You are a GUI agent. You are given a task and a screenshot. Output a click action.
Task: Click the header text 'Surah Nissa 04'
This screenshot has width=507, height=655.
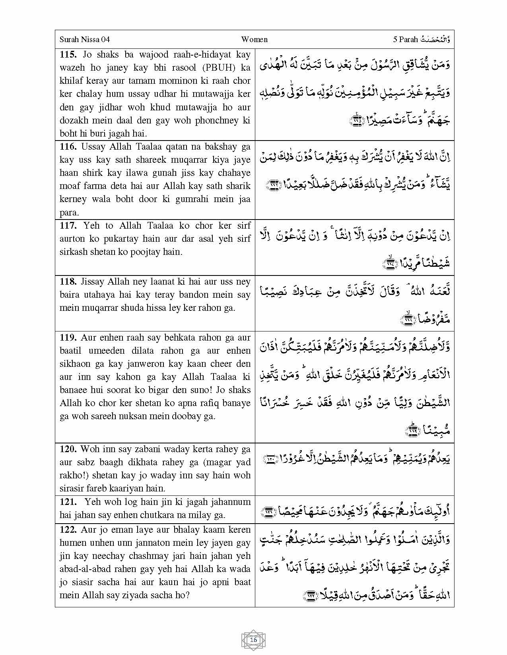(84, 39)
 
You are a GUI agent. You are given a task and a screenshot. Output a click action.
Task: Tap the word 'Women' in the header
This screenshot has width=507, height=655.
(254, 39)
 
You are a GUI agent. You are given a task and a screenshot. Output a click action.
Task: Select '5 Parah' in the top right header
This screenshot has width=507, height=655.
(405, 39)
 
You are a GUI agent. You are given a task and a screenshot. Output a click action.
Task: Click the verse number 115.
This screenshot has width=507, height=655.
(68, 55)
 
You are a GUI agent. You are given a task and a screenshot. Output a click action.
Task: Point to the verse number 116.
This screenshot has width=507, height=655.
(68, 146)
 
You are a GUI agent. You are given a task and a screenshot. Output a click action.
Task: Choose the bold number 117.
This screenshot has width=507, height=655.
(68, 225)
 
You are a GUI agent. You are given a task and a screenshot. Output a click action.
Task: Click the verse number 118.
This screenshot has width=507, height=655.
(68, 281)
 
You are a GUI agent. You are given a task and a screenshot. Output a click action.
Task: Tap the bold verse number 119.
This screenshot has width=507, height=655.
(68, 337)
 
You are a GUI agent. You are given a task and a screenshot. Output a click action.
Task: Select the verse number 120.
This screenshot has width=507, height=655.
(68, 449)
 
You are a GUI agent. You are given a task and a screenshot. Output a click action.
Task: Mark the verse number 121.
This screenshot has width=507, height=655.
(68, 502)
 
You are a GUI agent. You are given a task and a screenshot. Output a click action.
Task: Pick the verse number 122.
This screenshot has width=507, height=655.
(68, 530)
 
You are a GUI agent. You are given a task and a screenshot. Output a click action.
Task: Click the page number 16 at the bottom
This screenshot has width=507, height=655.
(253, 640)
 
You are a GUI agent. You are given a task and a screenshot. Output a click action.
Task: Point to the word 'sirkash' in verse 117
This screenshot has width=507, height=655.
(73, 252)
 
